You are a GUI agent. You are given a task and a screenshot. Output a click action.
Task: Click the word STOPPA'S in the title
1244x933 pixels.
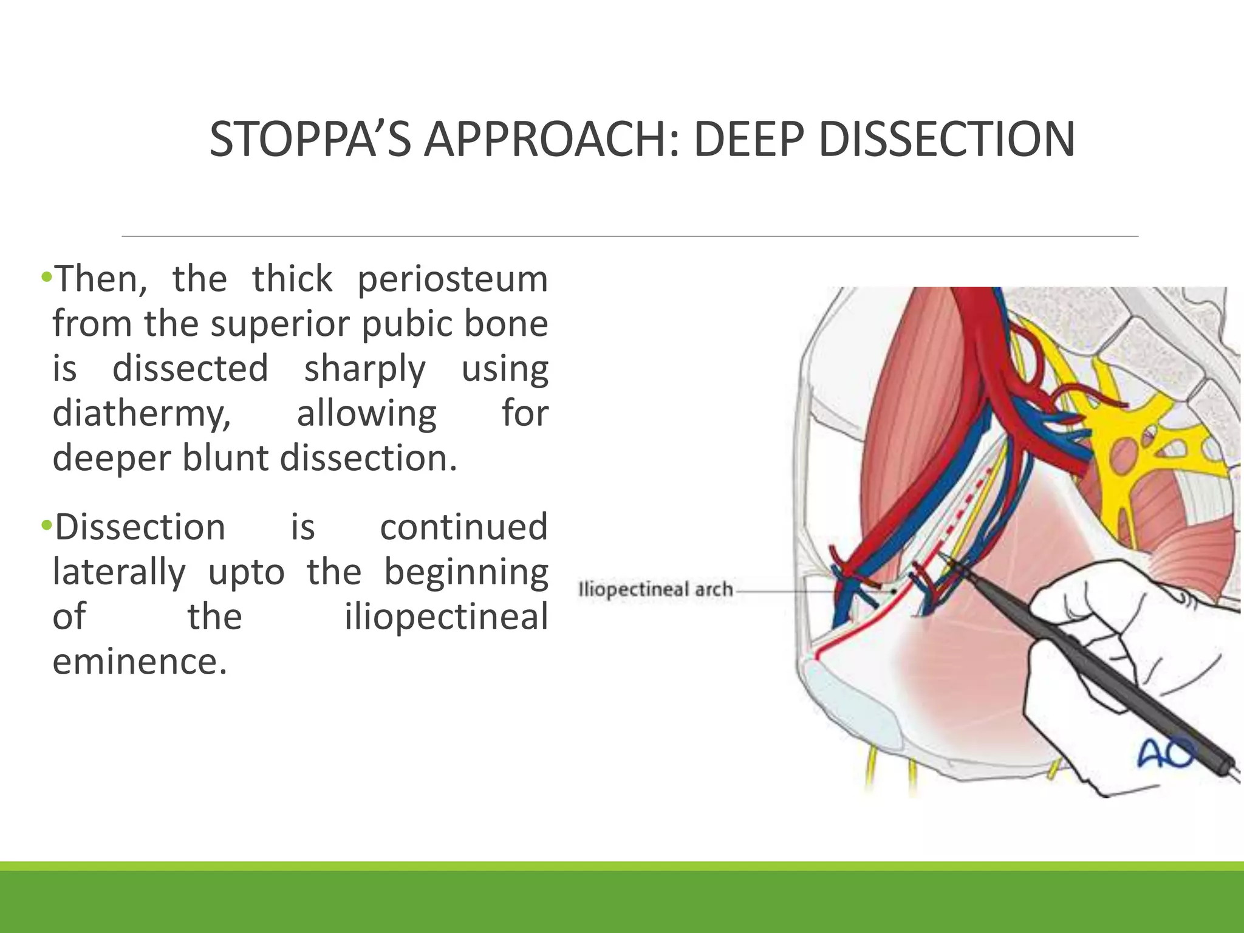tap(310, 140)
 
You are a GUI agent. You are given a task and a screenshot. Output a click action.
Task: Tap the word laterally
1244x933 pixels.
tap(119, 572)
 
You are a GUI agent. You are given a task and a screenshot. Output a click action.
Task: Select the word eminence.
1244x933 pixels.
tap(140, 662)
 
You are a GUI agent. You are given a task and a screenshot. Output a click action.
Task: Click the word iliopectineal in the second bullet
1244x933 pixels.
tap(446, 617)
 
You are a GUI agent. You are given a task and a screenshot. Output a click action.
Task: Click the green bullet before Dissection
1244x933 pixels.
tap(46, 525)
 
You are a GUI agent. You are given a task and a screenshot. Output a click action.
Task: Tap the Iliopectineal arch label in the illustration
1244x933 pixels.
tap(655, 590)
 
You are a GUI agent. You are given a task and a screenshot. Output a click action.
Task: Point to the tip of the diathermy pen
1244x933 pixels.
tap(941, 556)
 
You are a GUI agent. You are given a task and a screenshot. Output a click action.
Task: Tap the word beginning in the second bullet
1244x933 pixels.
tap(466, 572)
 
